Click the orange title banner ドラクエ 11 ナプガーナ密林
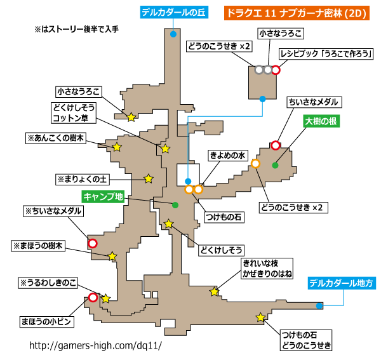pos(297,13)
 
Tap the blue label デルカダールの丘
pos(174,13)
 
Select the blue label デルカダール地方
pos(342,283)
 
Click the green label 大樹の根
pos(321,121)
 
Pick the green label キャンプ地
pos(103,197)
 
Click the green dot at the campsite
pos(175,205)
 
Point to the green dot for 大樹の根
pos(275,166)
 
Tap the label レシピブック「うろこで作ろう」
pos(326,54)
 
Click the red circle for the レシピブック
pos(276,70)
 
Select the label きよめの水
pos(228,155)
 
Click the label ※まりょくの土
pos(83,180)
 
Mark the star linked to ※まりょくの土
pos(149,179)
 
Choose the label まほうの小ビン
pos(46,322)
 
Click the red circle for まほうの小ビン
pos(93,298)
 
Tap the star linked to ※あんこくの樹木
pos(117,147)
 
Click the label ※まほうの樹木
pos(38,246)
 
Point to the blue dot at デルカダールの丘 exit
pos(173,34)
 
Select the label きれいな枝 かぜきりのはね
pos(267,269)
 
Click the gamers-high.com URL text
pos(95,345)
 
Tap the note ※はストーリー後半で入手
pos(77,29)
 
